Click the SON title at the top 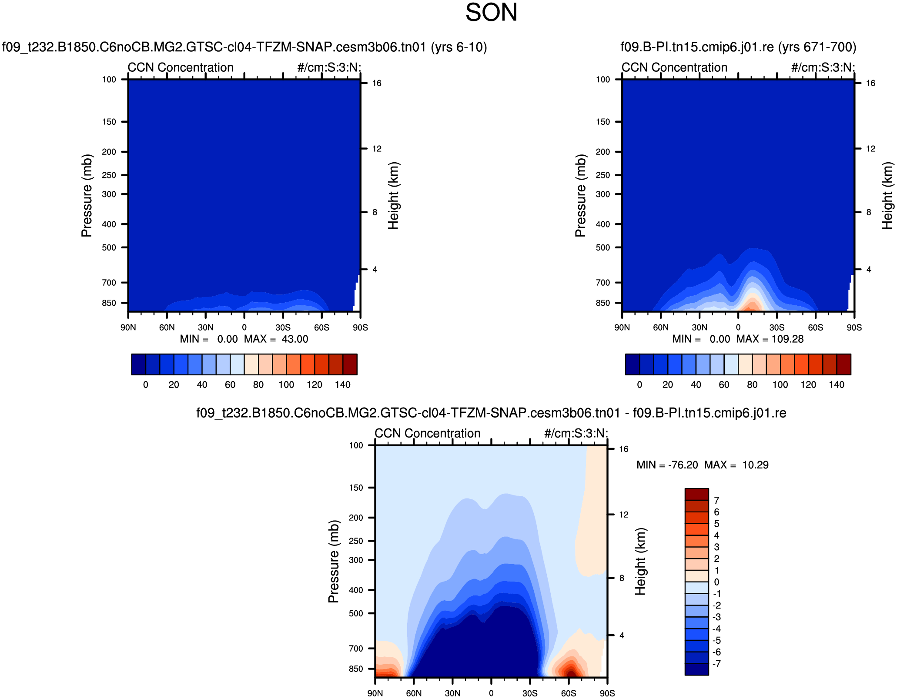(491, 12)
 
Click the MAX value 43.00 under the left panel (295, 339)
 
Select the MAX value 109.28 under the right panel (787, 339)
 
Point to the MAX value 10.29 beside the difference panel (755, 465)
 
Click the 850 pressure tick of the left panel (109, 303)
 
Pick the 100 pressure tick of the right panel (603, 79)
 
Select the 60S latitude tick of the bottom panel (568, 693)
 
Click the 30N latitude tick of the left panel (206, 327)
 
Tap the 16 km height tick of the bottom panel (623, 449)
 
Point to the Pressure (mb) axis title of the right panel (580, 195)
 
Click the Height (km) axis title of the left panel (393, 195)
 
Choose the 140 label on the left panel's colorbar (342, 385)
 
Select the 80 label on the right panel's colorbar (752, 385)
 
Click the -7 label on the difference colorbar (716, 664)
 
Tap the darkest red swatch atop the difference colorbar (696, 494)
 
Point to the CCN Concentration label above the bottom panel (427, 433)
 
